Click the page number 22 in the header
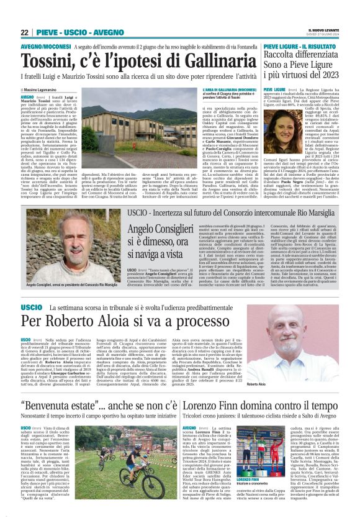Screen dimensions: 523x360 click(24, 32)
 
